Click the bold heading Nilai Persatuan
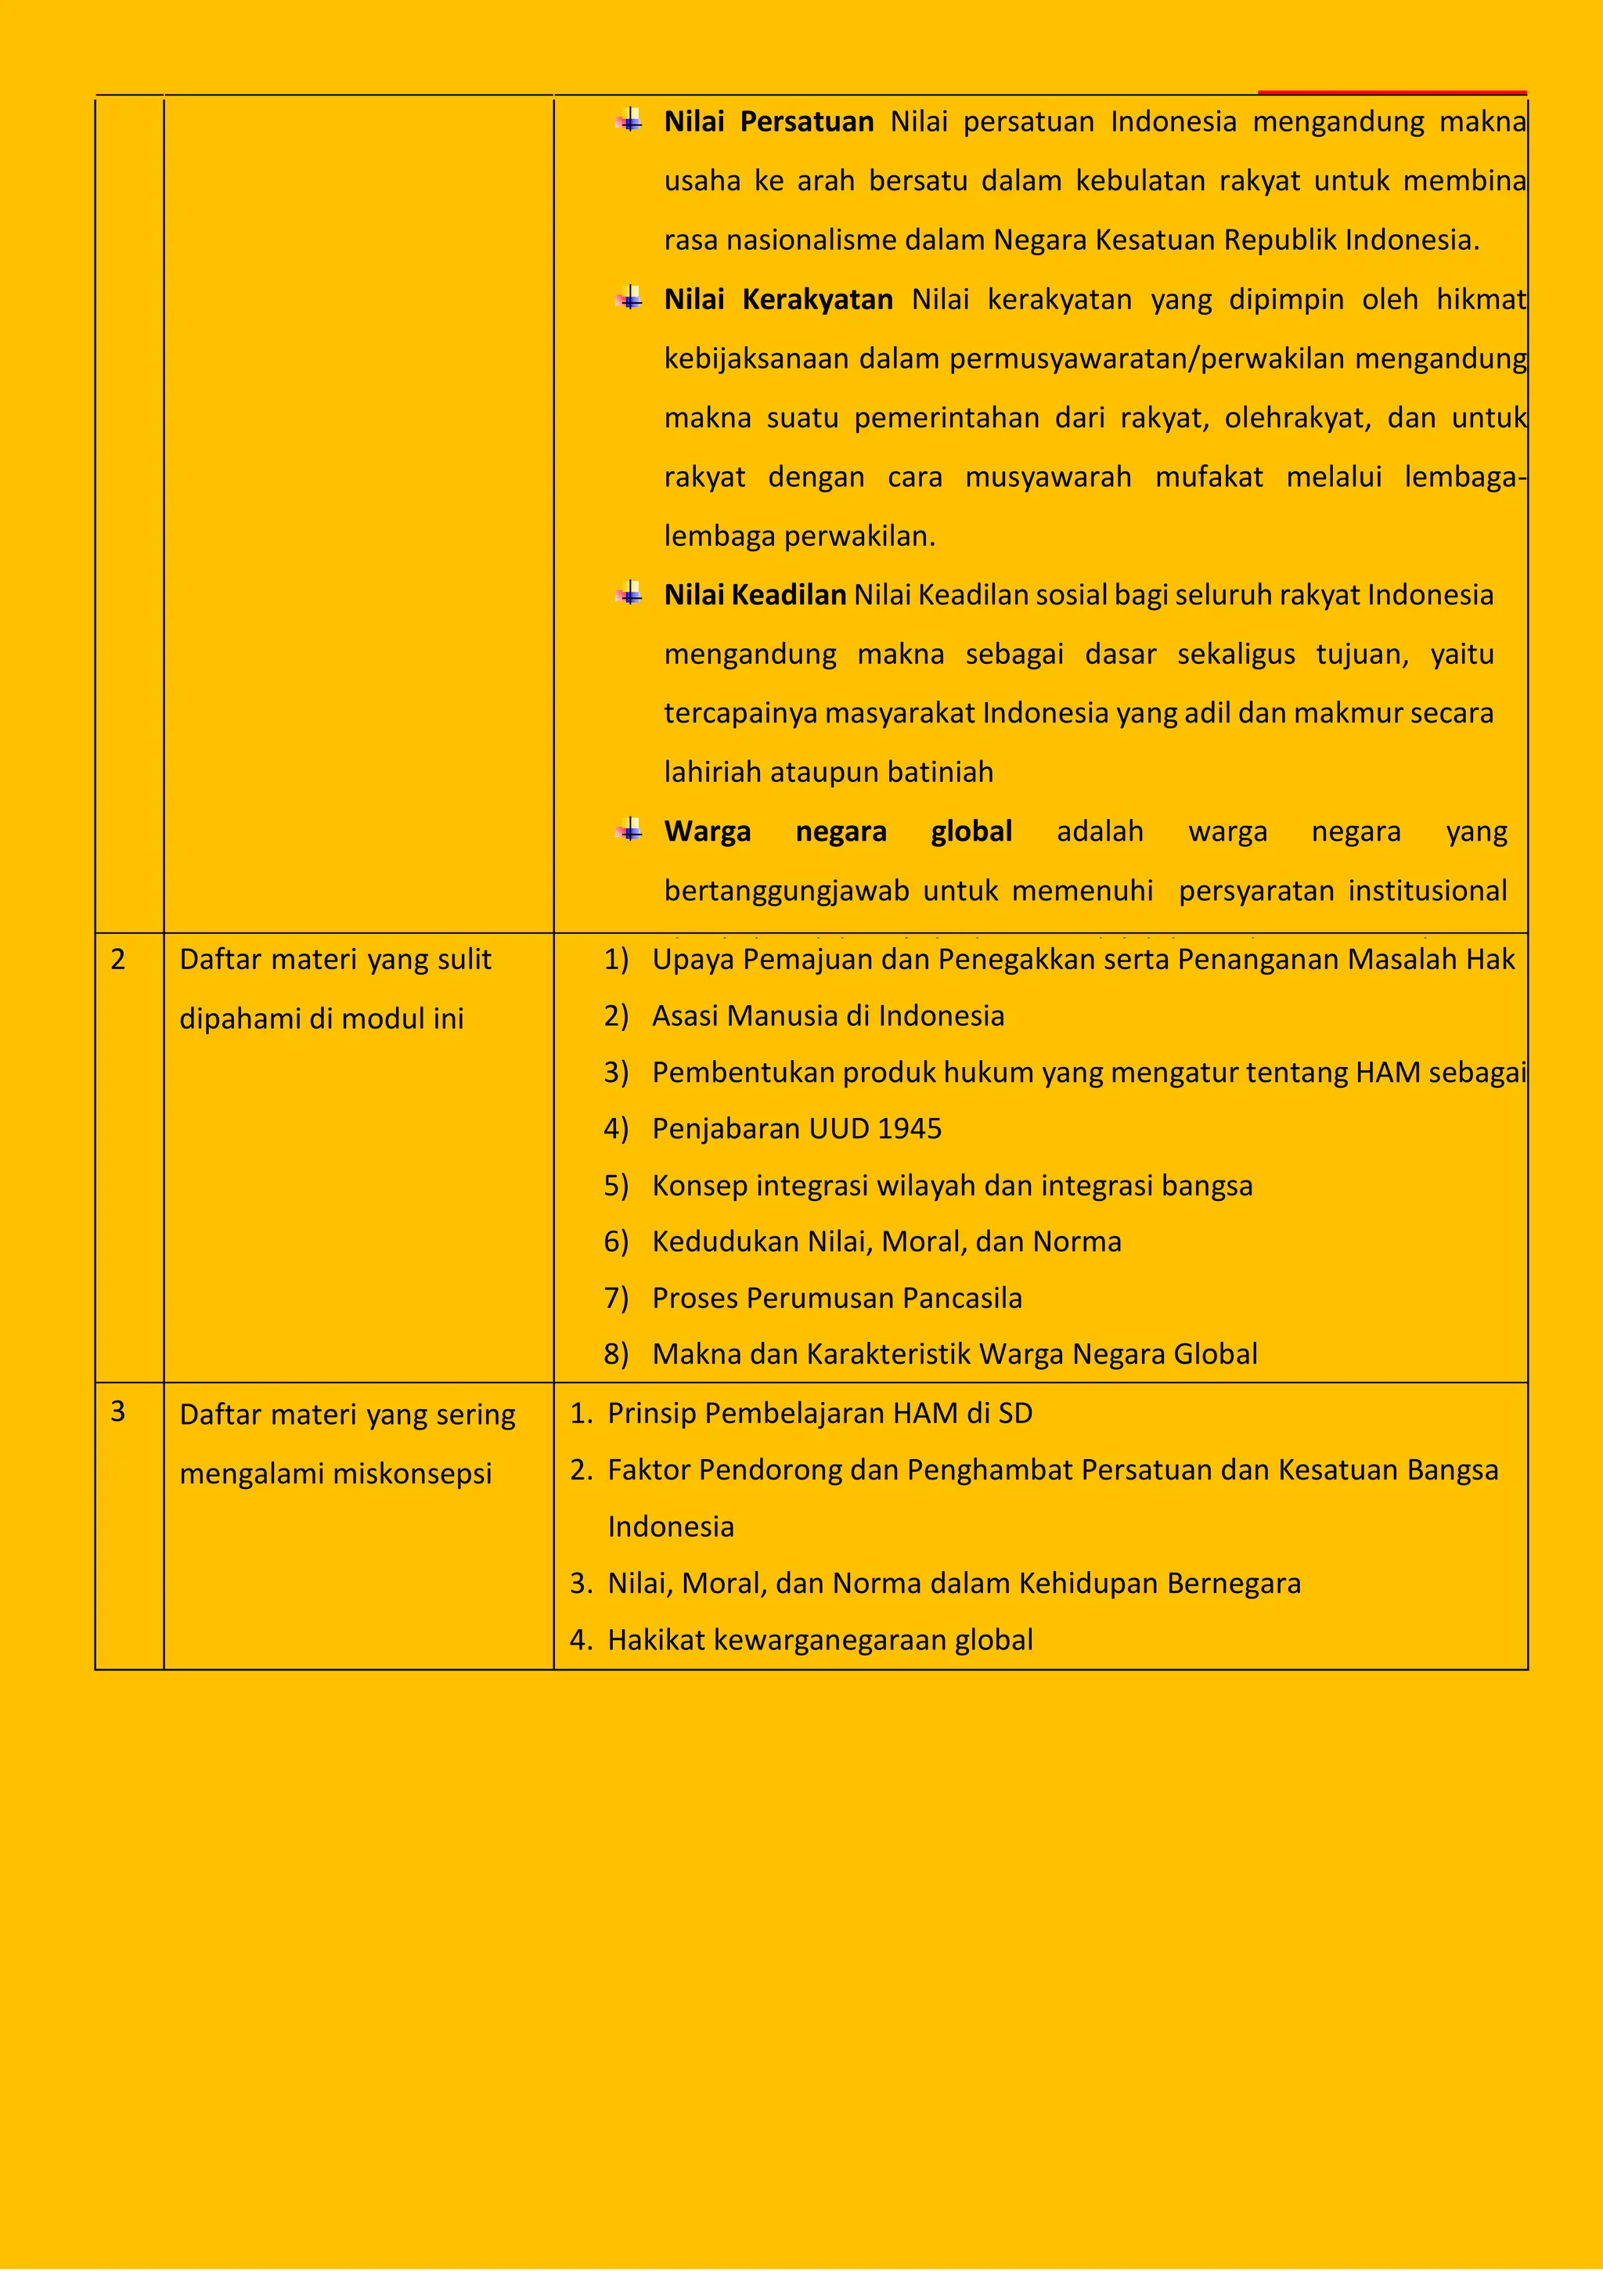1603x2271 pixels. [x=769, y=121]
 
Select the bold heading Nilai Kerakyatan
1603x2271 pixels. [x=778, y=300]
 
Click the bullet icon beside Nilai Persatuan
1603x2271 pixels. [x=629, y=121]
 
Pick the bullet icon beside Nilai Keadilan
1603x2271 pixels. [x=629, y=594]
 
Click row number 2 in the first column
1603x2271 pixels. [x=117, y=960]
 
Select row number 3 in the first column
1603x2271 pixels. [x=117, y=1411]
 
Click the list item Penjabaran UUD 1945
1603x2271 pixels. [x=796, y=1129]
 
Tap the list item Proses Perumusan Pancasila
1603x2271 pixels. [x=837, y=1298]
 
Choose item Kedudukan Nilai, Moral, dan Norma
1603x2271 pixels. [x=886, y=1242]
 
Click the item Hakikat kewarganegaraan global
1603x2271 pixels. [x=820, y=1640]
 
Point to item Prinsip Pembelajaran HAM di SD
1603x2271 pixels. [x=820, y=1414]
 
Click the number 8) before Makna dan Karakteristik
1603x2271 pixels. [x=616, y=1354]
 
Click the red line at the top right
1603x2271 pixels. [x=1392, y=92]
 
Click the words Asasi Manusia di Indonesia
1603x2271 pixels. [x=827, y=1016]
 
